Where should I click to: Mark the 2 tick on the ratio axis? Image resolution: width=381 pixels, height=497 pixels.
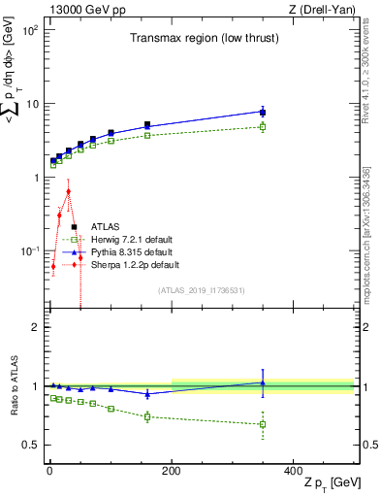tap(35, 327)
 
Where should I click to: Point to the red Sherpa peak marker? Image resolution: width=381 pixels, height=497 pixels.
tap(68, 191)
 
